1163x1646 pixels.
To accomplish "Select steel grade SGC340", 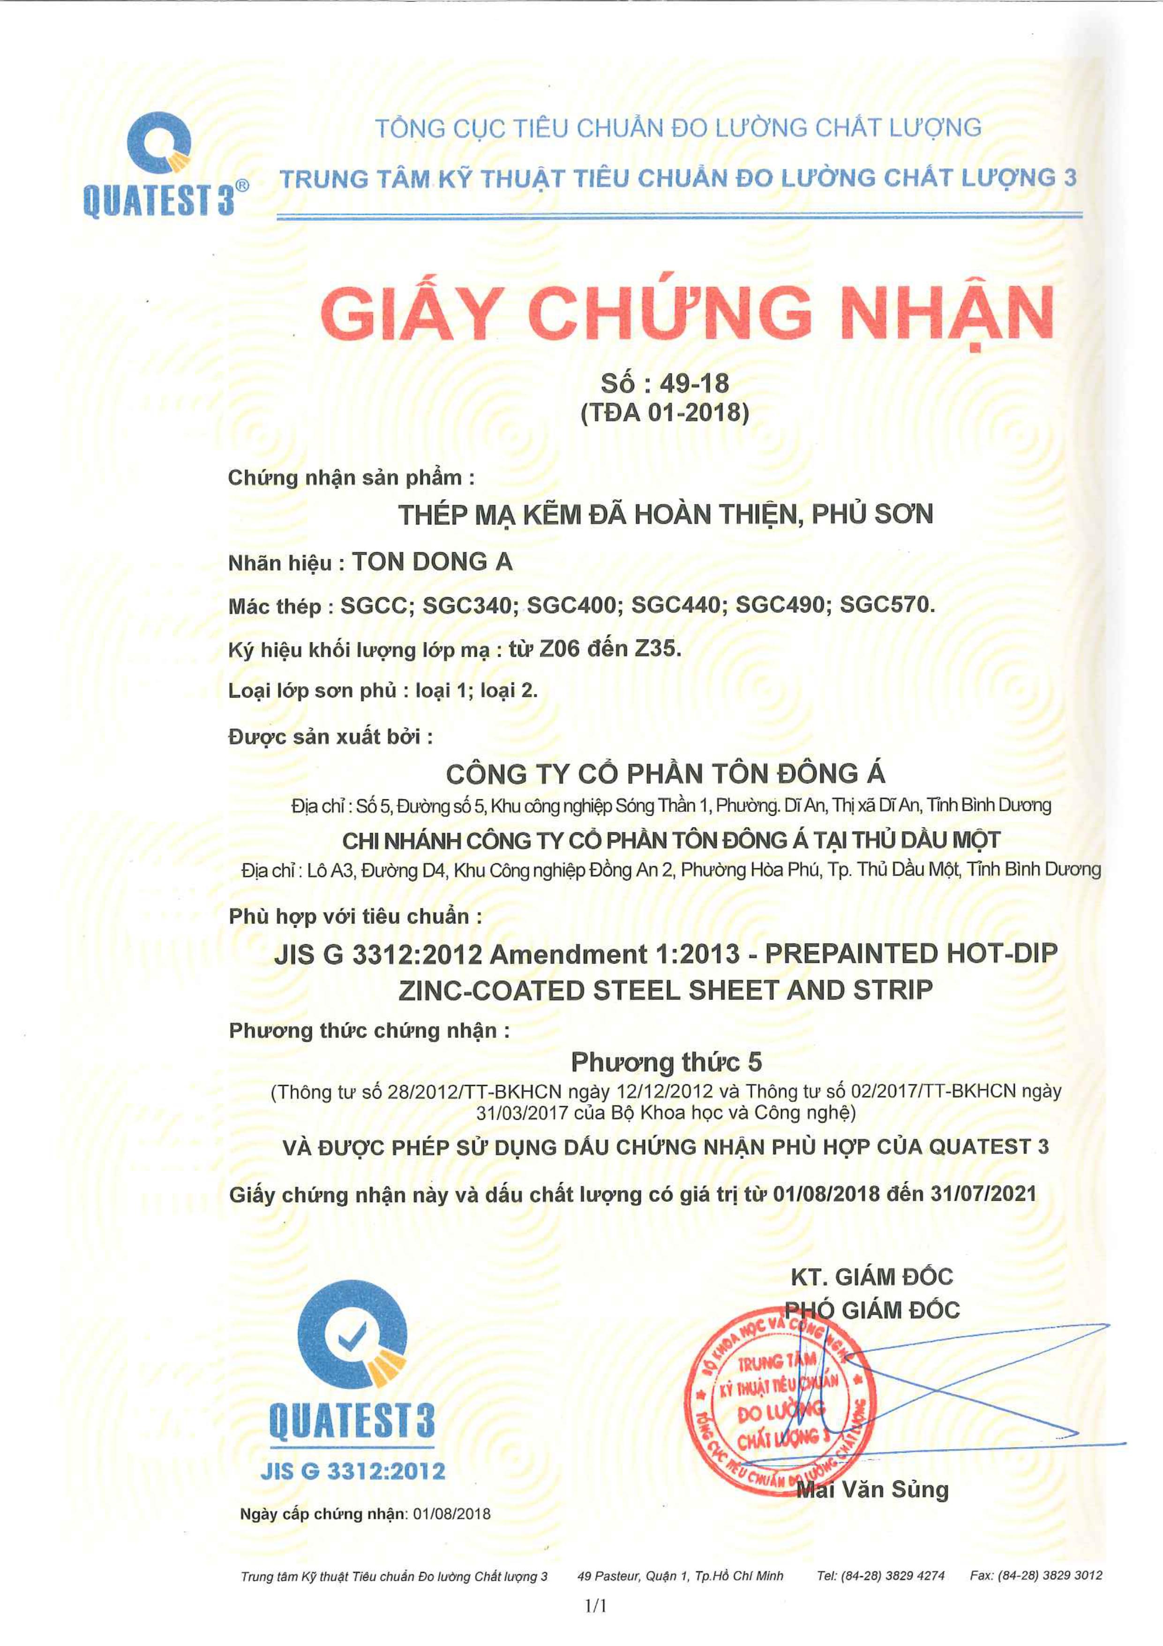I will [x=469, y=605].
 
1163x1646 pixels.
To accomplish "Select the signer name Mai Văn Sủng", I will [x=873, y=1490].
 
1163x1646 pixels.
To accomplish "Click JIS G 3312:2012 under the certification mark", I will [x=353, y=1471].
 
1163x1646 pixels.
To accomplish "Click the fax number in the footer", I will [x=1035, y=1575].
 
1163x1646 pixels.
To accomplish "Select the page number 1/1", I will [x=595, y=1606].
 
